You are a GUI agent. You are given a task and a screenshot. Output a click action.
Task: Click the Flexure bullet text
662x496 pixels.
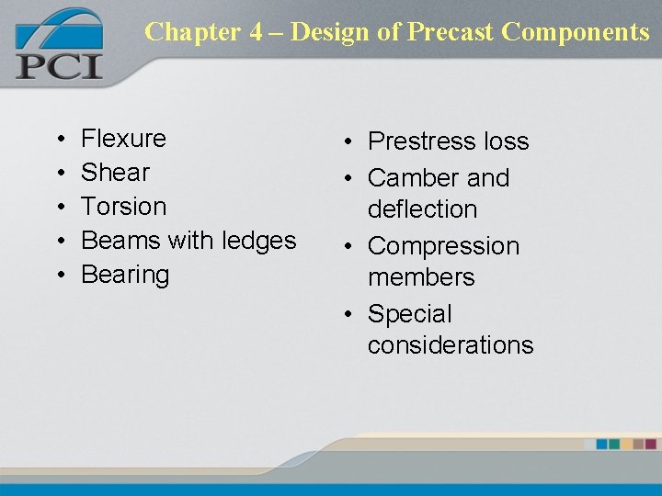tap(123, 139)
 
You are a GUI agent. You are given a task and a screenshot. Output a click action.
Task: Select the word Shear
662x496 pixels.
tap(115, 173)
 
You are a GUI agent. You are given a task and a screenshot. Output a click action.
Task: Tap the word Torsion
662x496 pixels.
tap(123, 207)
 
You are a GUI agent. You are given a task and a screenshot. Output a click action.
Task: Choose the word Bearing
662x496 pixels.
tap(125, 275)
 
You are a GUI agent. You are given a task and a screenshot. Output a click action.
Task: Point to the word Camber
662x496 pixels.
tap(410, 177)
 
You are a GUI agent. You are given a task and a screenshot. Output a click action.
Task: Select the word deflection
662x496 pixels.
tap(422, 209)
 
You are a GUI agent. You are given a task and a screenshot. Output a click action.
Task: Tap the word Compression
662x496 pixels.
tap(443, 246)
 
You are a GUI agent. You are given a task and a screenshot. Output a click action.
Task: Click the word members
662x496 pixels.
tap(421, 277)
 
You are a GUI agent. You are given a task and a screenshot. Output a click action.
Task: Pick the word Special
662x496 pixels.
tap(410, 314)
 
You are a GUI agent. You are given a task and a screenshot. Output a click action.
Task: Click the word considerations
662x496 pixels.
tap(451, 345)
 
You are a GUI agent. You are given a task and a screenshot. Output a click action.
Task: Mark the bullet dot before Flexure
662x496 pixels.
tap(59, 140)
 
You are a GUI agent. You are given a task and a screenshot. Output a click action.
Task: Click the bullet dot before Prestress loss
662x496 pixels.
tap(353, 142)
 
